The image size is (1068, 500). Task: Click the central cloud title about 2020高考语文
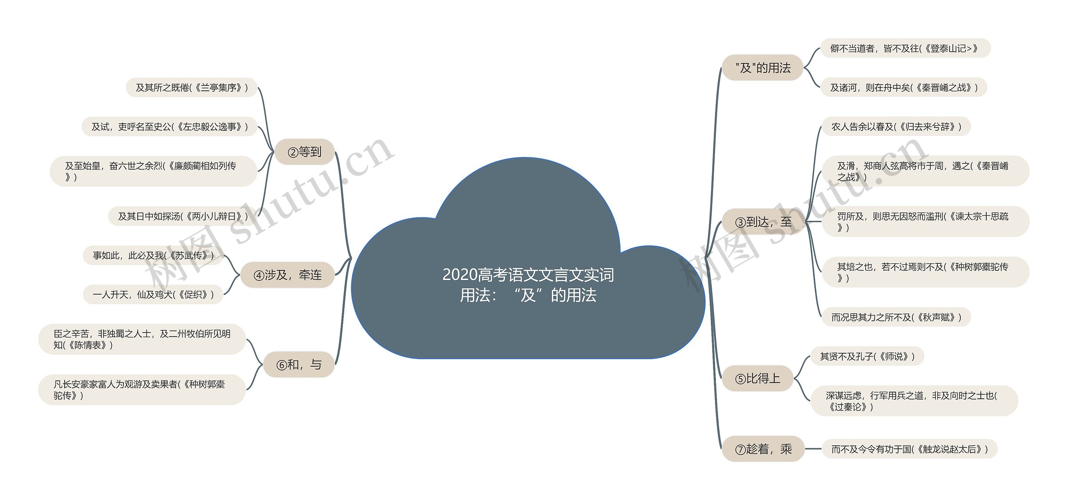[528, 285]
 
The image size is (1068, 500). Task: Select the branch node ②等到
[305, 152]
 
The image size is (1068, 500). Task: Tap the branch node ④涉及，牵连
[288, 275]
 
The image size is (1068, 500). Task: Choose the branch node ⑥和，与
[299, 365]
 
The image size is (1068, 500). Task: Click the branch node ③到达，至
[763, 222]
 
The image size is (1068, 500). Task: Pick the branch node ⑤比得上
[757, 378]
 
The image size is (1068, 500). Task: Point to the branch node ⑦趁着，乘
[763, 449]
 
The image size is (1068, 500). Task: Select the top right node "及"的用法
[763, 68]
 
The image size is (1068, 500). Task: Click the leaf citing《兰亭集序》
[191, 87]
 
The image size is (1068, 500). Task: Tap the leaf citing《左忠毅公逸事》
[169, 127]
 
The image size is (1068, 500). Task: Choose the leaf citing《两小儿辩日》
[183, 216]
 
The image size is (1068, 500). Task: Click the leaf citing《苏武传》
[153, 255]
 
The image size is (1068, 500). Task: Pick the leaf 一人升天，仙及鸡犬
[153, 295]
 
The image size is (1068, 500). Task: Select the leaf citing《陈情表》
[142, 339]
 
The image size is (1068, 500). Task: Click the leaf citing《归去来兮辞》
[896, 127]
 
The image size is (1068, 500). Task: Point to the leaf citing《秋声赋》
[896, 317]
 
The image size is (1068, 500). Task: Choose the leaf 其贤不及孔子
[867, 356]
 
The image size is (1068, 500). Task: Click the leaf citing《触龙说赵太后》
[909, 449]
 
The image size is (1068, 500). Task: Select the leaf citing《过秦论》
[914, 401]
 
